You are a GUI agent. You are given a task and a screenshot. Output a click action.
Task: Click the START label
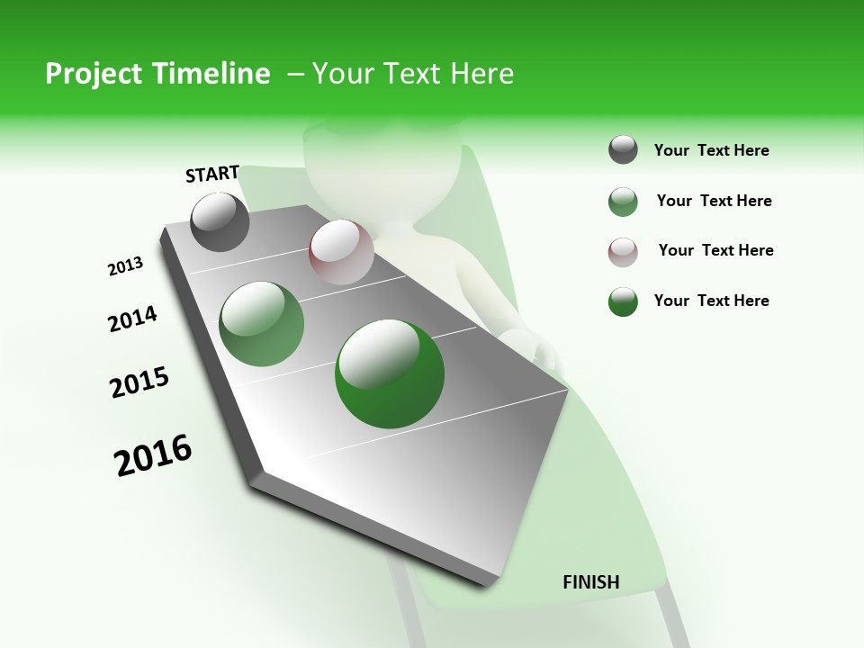[x=212, y=174]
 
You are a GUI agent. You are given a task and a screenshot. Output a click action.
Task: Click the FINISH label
[x=590, y=582]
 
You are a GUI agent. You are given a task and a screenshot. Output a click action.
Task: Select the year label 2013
[x=126, y=266]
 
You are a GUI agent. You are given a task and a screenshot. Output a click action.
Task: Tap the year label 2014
[x=132, y=319]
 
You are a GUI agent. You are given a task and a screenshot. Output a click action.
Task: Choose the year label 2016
[x=153, y=455]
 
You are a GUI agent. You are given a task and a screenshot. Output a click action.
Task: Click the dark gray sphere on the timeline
[x=220, y=221]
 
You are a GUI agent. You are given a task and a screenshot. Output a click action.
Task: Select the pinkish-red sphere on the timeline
[x=341, y=252]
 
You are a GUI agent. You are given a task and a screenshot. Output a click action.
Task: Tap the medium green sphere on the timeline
[x=262, y=324]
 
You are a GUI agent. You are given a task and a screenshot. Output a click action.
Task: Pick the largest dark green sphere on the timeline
[x=390, y=373]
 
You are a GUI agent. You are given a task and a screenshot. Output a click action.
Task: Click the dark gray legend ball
[x=623, y=150]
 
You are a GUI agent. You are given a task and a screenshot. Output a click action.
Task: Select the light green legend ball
[x=623, y=202]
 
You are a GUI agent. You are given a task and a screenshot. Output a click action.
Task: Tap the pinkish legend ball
[x=623, y=252]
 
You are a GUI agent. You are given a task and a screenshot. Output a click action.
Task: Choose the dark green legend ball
[x=623, y=301]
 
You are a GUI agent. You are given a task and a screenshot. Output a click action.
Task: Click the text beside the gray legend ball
[x=711, y=151]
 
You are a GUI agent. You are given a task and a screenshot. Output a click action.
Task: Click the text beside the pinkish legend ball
[x=715, y=250]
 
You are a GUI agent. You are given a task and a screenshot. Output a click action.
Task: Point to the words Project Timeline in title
[x=157, y=74]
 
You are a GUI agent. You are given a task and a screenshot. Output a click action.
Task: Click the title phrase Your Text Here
[x=412, y=74]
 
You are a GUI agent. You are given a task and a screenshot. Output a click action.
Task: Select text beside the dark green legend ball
[x=711, y=301]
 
